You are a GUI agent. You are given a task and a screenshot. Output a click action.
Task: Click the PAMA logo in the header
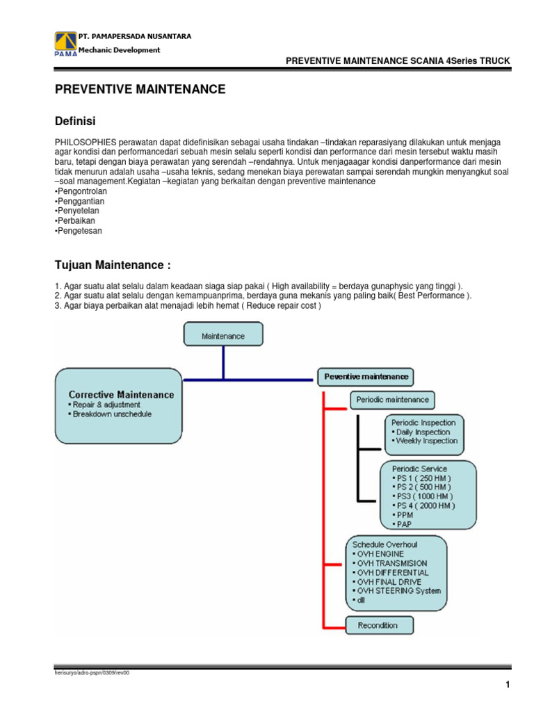(65, 42)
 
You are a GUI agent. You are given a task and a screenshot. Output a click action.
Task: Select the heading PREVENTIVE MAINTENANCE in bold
(140, 89)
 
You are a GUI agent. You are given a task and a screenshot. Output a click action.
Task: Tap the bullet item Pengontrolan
(79, 191)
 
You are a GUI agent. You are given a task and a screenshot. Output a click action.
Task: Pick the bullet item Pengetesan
(78, 231)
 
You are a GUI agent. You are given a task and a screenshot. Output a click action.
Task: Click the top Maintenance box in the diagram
(223, 335)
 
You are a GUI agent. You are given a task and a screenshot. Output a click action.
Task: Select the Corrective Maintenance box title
(121, 394)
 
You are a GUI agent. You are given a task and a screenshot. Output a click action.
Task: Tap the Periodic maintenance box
(392, 400)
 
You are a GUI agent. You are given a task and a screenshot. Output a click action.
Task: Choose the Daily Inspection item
(423, 432)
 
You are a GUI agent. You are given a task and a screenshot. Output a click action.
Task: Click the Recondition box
(378, 625)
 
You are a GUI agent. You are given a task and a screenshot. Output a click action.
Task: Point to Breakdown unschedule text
(112, 414)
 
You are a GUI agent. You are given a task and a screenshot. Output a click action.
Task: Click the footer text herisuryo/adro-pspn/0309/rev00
(92, 673)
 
